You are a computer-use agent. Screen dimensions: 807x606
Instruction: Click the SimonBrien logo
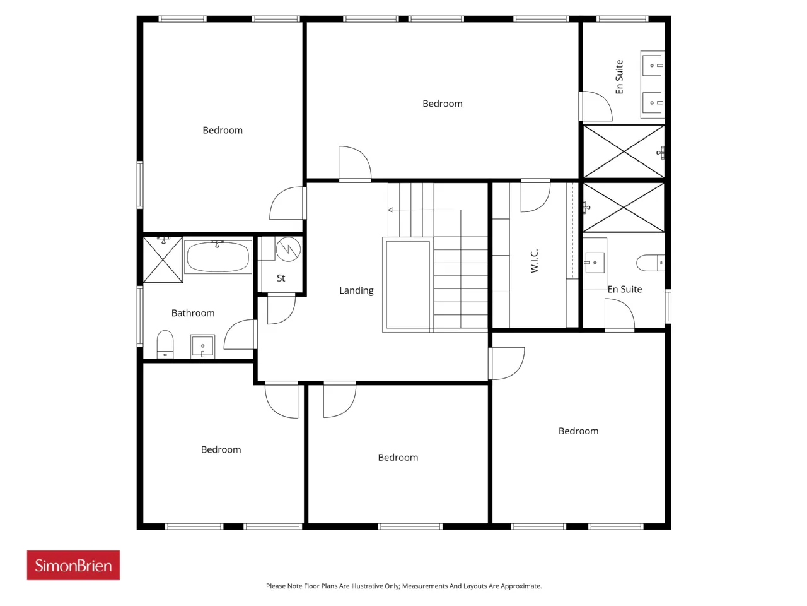(73, 565)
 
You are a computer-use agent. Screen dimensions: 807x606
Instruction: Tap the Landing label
(356, 290)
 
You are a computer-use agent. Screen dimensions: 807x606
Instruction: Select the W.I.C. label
(534, 261)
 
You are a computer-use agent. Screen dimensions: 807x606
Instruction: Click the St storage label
(281, 278)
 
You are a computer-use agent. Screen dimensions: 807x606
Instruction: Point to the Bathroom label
(193, 313)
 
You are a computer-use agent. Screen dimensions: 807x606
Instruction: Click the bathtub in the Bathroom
(218, 256)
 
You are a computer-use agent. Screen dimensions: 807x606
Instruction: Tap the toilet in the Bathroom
(165, 344)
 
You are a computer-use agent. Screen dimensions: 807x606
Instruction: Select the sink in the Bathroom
(202, 346)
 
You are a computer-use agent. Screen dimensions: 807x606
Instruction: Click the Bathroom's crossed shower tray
(163, 260)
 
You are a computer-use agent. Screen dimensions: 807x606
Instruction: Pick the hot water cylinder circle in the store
(288, 249)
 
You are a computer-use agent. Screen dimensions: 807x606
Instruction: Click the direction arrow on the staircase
(424, 210)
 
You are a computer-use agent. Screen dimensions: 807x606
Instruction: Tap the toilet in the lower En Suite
(651, 263)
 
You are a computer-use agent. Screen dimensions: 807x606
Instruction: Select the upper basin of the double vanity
(652, 65)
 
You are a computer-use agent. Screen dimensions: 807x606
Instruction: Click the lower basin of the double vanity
(652, 103)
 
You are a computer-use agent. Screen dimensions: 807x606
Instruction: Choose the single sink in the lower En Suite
(595, 263)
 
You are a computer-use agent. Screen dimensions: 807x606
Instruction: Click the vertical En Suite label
(620, 77)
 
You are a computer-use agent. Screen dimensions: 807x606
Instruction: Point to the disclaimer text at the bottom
(403, 586)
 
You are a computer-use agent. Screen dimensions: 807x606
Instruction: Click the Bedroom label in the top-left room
(223, 130)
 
